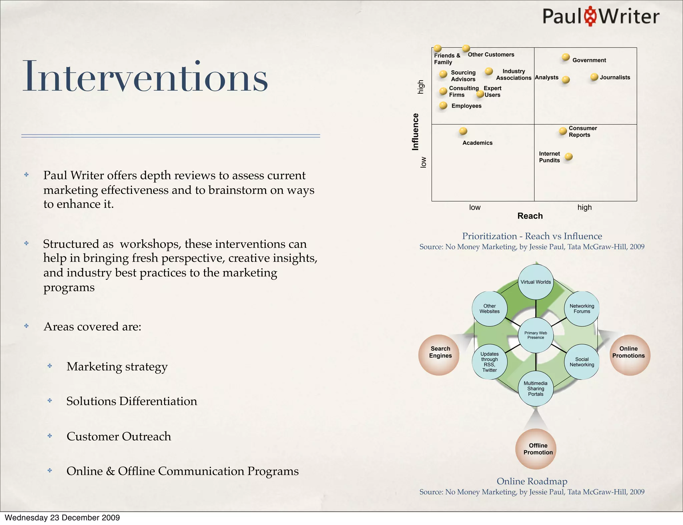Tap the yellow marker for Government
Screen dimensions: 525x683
click(x=566, y=57)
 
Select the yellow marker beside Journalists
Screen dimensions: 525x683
click(x=594, y=77)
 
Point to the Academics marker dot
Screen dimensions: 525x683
click(x=463, y=131)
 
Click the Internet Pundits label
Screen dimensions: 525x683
click(x=549, y=157)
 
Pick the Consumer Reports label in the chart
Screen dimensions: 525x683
click(x=583, y=132)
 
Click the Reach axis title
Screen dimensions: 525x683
click(x=530, y=216)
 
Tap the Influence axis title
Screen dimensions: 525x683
click(x=415, y=132)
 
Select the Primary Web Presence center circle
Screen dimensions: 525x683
click(x=536, y=335)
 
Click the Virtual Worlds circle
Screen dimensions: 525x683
click(x=536, y=282)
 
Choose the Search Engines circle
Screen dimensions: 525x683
click(x=440, y=354)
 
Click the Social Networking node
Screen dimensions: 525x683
click(x=582, y=362)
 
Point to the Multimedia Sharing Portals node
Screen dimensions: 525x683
click(x=536, y=388)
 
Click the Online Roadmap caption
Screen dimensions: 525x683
click(x=532, y=481)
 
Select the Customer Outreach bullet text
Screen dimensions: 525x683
click(x=119, y=436)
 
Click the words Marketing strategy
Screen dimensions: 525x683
click(x=117, y=366)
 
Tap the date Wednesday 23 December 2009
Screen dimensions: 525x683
click(x=62, y=518)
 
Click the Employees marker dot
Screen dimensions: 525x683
click(x=443, y=106)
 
